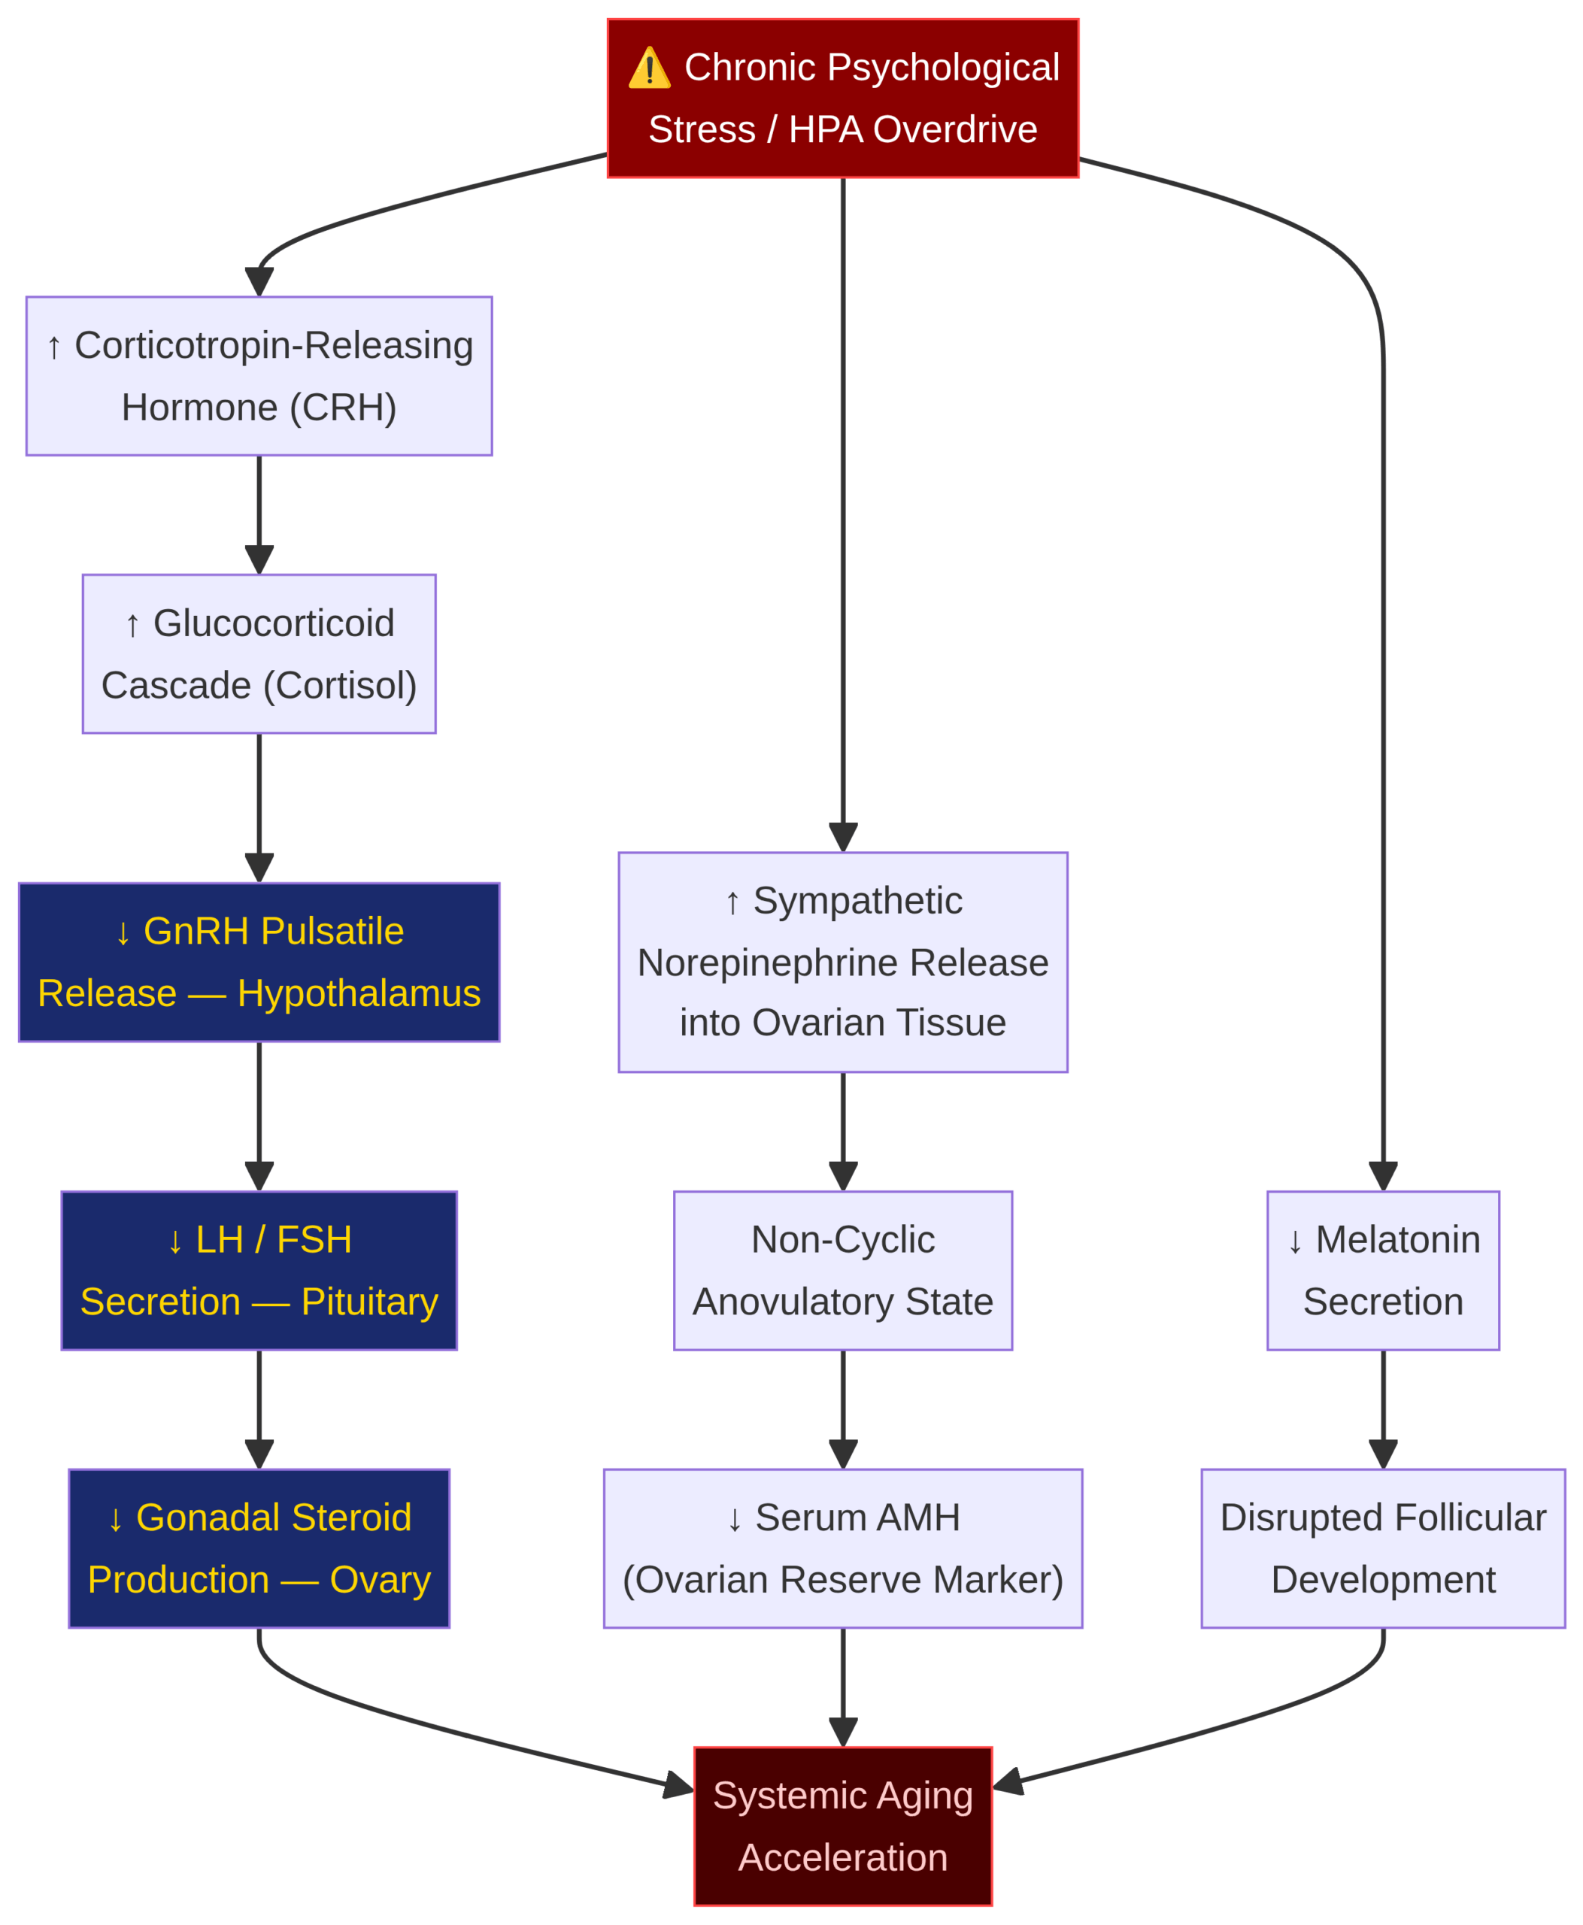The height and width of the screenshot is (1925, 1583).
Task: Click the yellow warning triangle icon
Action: [x=649, y=68]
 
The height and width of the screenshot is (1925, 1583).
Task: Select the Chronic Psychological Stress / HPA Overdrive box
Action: [x=842, y=99]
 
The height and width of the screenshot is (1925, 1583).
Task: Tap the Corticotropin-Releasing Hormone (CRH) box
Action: [x=259, y=376]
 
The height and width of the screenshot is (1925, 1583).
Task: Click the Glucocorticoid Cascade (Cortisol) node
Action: [x=259, y=654]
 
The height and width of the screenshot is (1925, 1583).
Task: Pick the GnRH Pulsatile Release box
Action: [x=259, y=962]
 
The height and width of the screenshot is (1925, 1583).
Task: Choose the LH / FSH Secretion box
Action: [x=259, y=1270]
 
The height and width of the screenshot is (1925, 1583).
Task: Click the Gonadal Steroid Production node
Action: [x=259, y=1548]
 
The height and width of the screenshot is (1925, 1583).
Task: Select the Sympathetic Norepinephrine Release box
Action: [x=842, y=962]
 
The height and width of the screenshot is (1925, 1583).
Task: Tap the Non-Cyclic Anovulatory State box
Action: [x=842, y=1270]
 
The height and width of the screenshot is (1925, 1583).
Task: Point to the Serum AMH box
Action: [x=842, y=1548]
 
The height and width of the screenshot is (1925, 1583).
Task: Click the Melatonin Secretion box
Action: [x=1383, y=1270]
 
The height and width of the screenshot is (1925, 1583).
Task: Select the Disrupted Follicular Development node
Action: [x=1383, y=1548]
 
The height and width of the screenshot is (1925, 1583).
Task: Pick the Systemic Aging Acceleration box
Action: [x=842, y=1826]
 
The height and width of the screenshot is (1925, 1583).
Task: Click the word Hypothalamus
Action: [x=359, y=994]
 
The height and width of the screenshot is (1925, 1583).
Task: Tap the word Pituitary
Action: [x=369, y=1302]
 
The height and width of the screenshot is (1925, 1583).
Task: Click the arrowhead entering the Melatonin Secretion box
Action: [x=1383, y=1176]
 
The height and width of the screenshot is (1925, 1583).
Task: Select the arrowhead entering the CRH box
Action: [x=259, y=281]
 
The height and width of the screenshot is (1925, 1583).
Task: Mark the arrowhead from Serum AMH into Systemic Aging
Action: [x=842, y=1732]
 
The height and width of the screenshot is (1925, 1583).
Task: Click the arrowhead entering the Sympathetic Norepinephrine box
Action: [x=842, y=837]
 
